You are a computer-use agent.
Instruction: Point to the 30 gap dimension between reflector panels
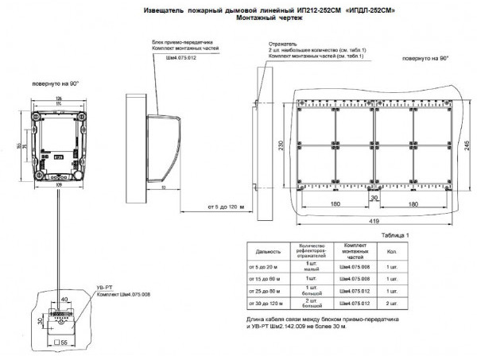(374, 197)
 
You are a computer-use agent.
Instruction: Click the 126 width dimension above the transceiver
(59, 99)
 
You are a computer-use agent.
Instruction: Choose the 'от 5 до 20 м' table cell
(264, 267)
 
